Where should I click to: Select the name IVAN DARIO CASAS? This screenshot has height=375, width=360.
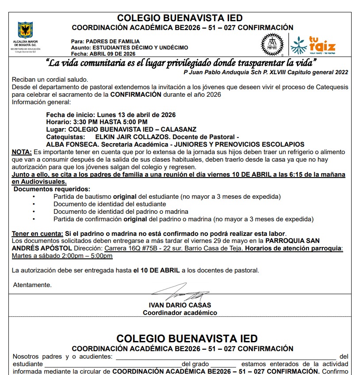(x=180, y=305)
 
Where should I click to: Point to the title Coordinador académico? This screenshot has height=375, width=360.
(x=180, y=313)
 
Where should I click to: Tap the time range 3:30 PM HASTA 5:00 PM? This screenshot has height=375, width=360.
(x=110, y=121)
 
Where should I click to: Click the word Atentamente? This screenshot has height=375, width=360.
(x=32, y=285)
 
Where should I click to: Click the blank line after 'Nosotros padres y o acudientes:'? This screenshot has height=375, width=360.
(x=224, y=357)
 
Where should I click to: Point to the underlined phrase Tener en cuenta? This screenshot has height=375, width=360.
(x=38, y=233)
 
